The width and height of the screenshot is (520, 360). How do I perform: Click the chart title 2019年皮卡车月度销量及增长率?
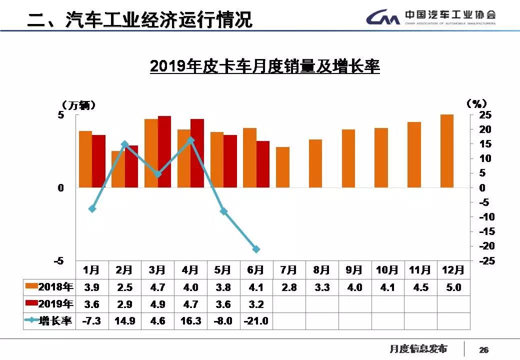point(264,66)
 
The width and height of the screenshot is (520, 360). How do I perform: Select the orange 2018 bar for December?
point(446,151)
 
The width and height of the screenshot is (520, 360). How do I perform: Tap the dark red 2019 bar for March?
point(164,151)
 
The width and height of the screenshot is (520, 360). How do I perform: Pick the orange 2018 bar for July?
point(282,167)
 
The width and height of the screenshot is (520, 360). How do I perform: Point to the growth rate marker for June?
point(256,249)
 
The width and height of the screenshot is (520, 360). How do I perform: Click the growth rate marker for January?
point(92,208)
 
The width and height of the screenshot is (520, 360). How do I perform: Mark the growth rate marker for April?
point(190,140)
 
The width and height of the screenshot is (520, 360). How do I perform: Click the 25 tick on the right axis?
point(486,115)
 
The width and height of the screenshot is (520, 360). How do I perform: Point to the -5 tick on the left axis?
point(59,261)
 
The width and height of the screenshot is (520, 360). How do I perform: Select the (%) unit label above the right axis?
point(476,104)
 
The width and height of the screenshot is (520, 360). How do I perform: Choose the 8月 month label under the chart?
point(321,270)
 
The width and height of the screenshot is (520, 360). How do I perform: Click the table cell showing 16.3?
point(190,321)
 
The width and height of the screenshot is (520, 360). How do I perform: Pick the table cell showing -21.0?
point(256,321)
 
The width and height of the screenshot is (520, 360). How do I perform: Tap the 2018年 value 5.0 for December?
point(453,287)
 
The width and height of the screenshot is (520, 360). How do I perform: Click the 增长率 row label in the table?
point(55,321)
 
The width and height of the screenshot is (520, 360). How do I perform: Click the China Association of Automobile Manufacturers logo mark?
point(382,18)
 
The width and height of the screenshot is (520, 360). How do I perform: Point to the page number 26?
point(483,350)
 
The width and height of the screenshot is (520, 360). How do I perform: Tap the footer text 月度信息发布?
point(418,349)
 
